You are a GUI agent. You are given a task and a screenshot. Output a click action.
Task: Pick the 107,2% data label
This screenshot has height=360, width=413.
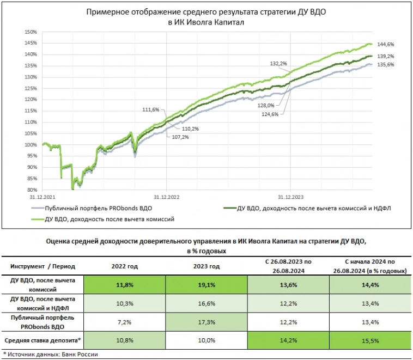pyautogui.click(x=175, y=137)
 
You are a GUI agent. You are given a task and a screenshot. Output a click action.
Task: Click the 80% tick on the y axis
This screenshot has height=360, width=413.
pyautogui.click(x=32, y=190)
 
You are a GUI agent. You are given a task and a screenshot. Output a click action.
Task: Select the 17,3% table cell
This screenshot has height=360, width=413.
pyautogui.click(x=206, y=321)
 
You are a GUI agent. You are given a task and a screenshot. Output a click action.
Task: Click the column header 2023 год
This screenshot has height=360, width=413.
pyautogui.click(x=206, y=266)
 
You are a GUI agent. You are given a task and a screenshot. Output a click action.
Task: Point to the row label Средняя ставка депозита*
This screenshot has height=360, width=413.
pyautogui.click(x=43, y=341)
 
